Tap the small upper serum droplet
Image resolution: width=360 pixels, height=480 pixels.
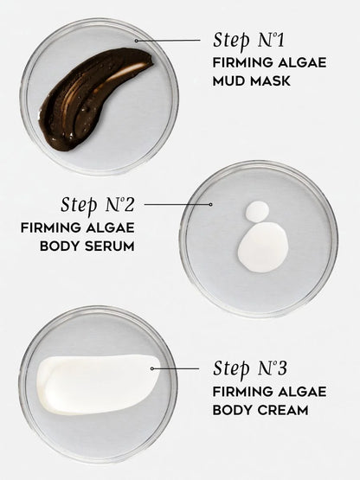click(x=257, y=211)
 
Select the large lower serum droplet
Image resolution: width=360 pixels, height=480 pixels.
click(x=263, y=247)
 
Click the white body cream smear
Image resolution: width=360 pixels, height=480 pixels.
click(x=98, y=384)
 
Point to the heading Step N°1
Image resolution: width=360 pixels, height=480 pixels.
click(x=248, y=41)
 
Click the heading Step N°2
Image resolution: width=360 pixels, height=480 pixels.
click(x=98, y=205)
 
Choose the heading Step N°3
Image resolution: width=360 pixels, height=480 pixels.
click(x=250, y=368)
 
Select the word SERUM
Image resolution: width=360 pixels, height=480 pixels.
click(x=110, y=246)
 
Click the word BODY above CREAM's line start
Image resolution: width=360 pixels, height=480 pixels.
click(x=233, y=410)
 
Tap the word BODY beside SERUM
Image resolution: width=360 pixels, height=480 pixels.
click(x=60, y=246)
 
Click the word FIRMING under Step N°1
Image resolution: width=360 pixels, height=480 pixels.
click(x=243, y=63)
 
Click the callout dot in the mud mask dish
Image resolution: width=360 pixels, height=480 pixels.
click(x=136, y=41)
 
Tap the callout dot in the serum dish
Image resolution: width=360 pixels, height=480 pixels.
click(x=210, y=204)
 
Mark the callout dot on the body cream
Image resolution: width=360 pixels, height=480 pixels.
click(x=152, y=368)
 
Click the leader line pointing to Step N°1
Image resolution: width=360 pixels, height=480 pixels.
click(x=168, y=40)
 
